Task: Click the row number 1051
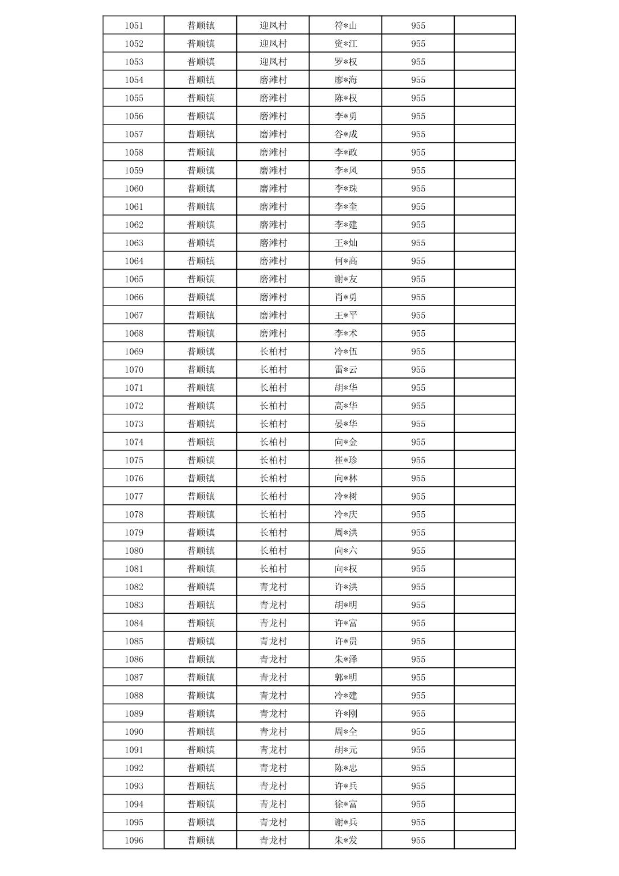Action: tap(134, 25)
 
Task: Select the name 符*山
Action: tap(346, 25)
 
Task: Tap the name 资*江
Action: tap(346, 44)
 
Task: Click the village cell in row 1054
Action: tap(273, 80)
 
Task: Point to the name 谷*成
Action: tap(346, 134)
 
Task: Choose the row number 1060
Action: tap(134, 188)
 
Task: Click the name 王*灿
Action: tap(346, 243)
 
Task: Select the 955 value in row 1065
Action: tap(418, 279)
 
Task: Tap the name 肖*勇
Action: tap(346, 297)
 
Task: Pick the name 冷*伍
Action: tap(346, 352)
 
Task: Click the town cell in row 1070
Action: tap(201, 369)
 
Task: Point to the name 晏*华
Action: tap(346, 424)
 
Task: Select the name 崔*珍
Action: tap(346, 460)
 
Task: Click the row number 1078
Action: tap(134, 514)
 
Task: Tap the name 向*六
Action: tap(346, 550)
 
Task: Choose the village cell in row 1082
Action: tap(273, 587)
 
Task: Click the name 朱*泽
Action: tap(346, 659)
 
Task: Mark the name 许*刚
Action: tap(346, 713)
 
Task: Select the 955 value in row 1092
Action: tap(418, 768)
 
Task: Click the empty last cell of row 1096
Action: tap(484, 840)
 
